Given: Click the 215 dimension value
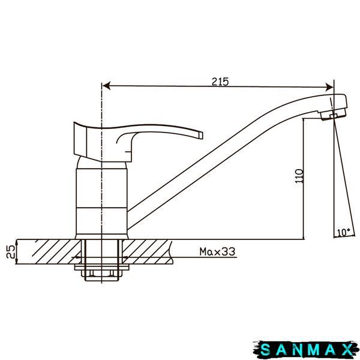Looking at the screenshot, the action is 220,82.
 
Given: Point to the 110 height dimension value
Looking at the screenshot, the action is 299,176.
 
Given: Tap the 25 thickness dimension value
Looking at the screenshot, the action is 11,251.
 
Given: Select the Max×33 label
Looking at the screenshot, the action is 217,251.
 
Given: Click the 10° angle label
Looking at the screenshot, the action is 344,232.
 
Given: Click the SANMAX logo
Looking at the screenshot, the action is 306,350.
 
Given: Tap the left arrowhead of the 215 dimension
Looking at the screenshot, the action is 106,86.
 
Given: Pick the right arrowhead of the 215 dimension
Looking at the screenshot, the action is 329,87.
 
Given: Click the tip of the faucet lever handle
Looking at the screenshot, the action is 202,135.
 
